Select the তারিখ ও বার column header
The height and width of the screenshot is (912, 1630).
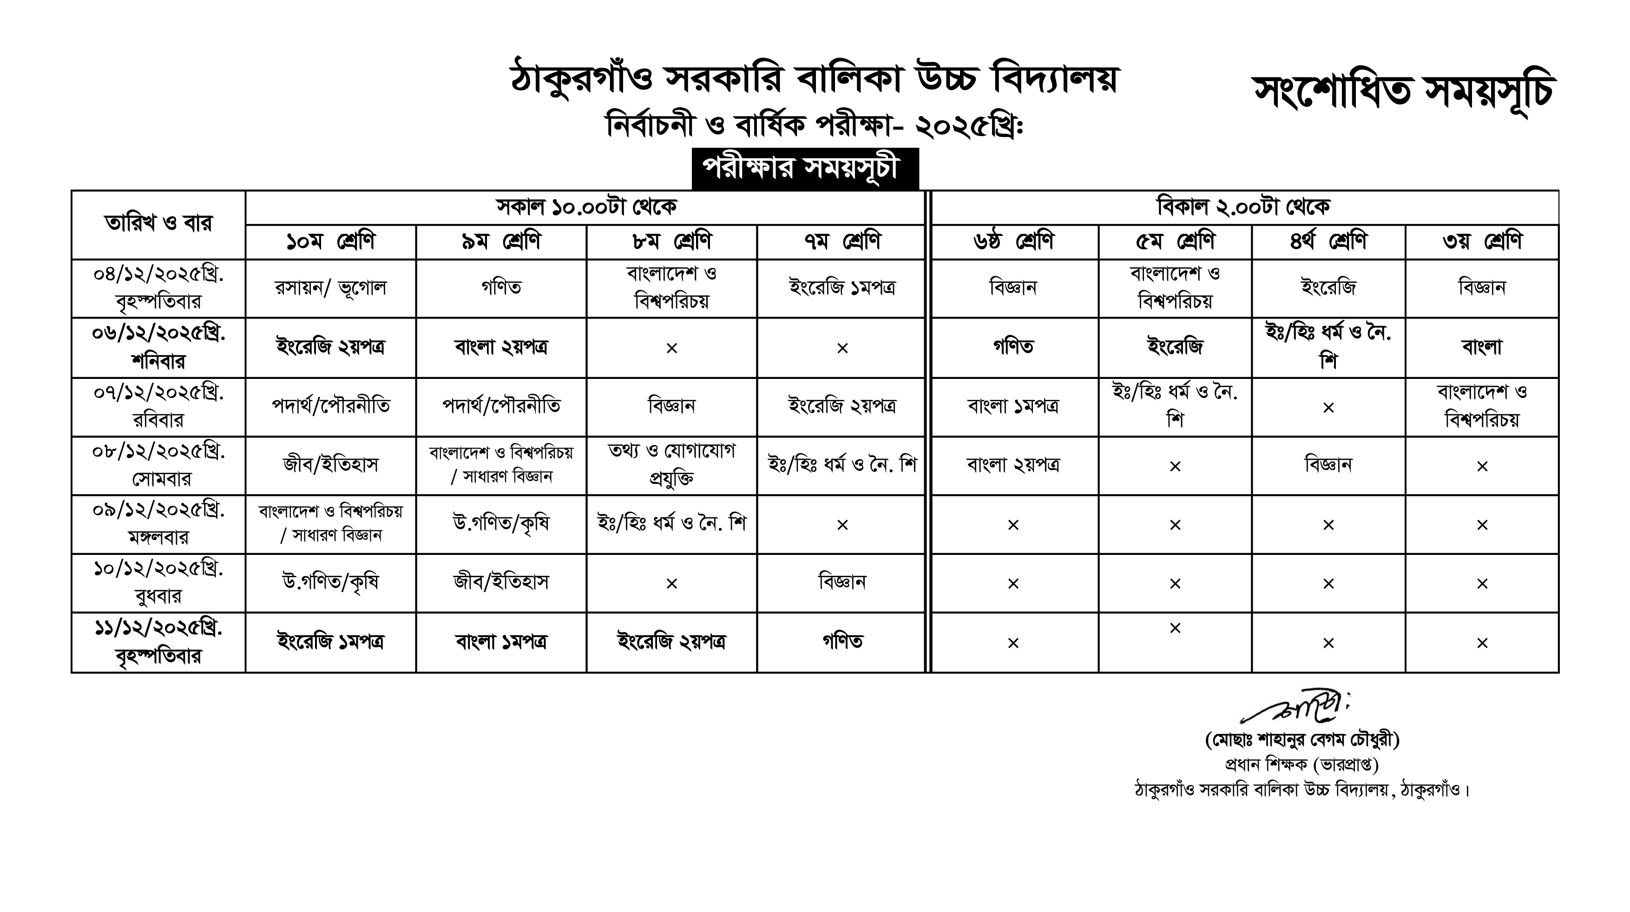point(158,224)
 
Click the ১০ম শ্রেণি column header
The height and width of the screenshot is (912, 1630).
point(330,241)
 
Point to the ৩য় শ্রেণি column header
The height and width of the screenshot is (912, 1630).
point(1482,241)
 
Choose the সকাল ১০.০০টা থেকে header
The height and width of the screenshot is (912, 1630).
point(585,207)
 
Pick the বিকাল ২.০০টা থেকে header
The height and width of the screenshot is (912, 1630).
point(1244,207)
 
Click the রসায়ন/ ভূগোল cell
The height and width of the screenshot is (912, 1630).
point(330,288)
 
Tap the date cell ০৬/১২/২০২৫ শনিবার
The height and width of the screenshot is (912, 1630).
point(158,348)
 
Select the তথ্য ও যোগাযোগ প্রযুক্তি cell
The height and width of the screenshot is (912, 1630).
point(671,465)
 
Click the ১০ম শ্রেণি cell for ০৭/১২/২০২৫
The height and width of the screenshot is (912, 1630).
point(330,406)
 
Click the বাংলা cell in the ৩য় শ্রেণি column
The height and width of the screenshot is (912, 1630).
point(1482,347)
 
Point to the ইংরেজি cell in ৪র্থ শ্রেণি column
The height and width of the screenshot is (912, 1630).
point(1328,288)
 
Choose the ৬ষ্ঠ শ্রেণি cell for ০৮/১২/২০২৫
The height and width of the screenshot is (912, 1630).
point(1013,465)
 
